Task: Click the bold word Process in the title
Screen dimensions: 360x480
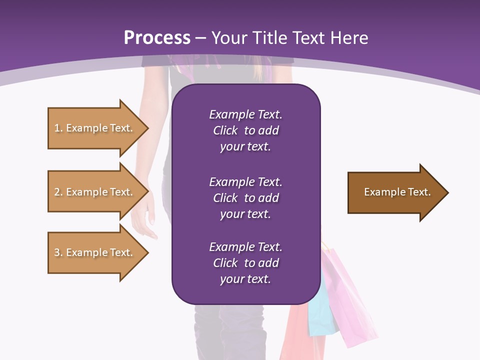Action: click(x=157, y=38)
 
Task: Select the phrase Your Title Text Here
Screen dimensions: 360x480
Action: click(x=290, y=38)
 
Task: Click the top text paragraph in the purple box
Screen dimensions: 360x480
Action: click(x=245, y=130)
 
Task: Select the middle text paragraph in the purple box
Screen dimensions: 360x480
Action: click(x=245, y=198)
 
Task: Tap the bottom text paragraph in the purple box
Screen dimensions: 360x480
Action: click(x=245, y=263)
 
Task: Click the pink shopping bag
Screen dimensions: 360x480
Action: click(x=350, y=300)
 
